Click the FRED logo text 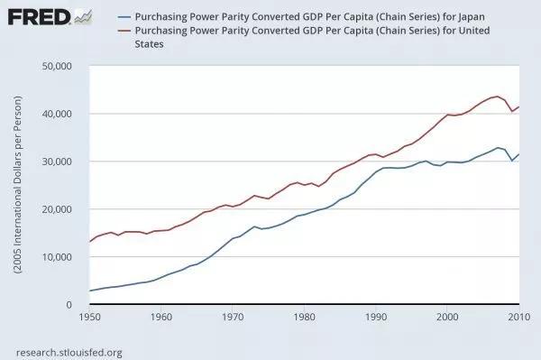point(39,17)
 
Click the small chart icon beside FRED point(83,16)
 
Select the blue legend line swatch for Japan point(124,17)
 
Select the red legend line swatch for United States point(124,31)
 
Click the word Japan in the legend point(472,17)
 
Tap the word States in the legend point(149,44)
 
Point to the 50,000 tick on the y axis point(57,66)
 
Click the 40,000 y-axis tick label point(57,114)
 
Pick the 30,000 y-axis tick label point(57,162)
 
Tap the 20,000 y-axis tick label point(57,209)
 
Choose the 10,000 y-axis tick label point(57,257)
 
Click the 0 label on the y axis point(69,304)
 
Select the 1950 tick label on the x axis point(89,317)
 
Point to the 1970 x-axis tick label point(233,317)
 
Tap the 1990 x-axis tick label point(376,317)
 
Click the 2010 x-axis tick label point(519,317)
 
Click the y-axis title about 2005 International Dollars point(18,185)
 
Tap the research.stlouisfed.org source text point(69,353)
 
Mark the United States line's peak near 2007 point(498,97)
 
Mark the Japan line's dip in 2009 point(512,161)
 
